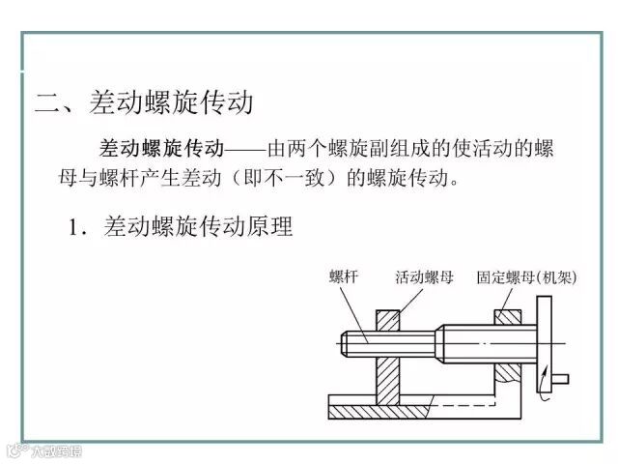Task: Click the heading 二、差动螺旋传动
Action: (x=144, y=101)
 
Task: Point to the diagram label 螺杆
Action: (x=344, y=277)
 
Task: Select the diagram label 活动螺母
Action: (x=424, y=277)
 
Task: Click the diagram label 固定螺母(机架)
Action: (x=526, y=277)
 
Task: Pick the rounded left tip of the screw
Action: (x=346, y=342)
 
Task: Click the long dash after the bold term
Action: (x=245, y=151)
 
